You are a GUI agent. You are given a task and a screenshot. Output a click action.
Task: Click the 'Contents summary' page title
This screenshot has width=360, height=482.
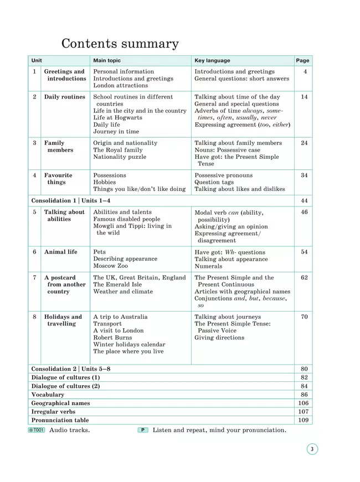click(x=120, y=44)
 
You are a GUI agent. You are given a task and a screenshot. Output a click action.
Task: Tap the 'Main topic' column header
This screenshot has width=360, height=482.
click(x=107, y=60)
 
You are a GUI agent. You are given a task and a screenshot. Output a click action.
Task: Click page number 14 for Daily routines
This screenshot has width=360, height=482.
click(x=304, y=97)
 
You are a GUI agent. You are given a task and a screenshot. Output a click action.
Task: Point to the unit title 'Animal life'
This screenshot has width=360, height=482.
click(x=61, y=252)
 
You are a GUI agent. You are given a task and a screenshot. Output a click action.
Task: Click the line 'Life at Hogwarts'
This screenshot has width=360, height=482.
click(x=117, y=118)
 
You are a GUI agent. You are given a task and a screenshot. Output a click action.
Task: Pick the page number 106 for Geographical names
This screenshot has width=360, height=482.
click(x=303, y=403)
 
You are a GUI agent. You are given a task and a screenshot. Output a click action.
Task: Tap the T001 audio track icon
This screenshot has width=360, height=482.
click(x=36, y=430)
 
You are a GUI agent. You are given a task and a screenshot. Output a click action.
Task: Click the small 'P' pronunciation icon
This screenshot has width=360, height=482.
click(x=143, y=430)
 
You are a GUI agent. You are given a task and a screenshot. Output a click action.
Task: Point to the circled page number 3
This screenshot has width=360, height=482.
click(x=312, y=449)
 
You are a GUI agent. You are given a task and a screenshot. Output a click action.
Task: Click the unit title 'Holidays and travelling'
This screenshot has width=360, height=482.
click(x=63, y=320)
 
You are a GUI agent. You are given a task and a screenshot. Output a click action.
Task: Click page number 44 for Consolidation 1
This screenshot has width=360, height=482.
click(x=304, y=200)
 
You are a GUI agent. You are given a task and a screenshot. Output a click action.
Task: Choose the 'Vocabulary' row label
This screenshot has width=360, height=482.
click(x=48, y=395)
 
